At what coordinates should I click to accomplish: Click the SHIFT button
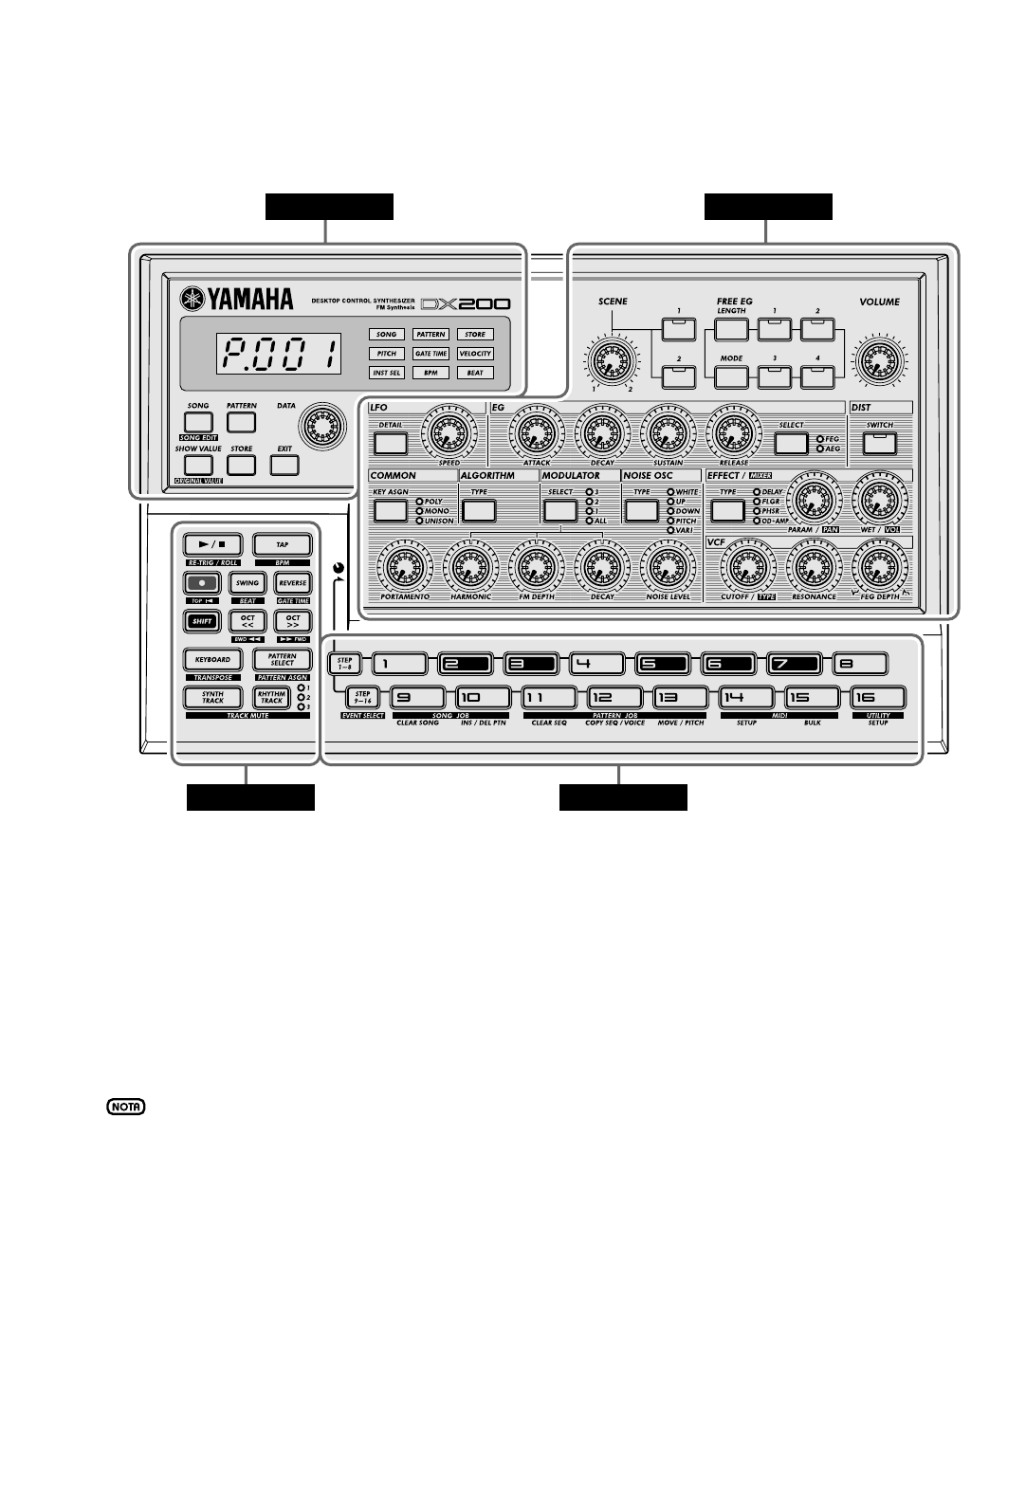coord(200,622)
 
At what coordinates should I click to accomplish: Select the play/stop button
coord(212,545)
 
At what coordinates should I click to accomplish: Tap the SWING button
coord(247,584)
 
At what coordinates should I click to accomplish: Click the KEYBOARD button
coord(212,660)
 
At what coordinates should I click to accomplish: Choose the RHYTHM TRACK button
coord(271,698)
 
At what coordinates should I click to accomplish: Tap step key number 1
coord(399,664)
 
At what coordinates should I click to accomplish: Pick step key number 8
coord(861,664)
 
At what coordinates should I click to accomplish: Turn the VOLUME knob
coord(879,362)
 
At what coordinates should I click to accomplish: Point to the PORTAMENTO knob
coord(405,567)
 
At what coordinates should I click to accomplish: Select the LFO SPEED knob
coord(449,431)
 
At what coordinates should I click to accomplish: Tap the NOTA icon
coord(126,1108)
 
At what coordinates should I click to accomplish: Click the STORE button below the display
coord(242,465)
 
